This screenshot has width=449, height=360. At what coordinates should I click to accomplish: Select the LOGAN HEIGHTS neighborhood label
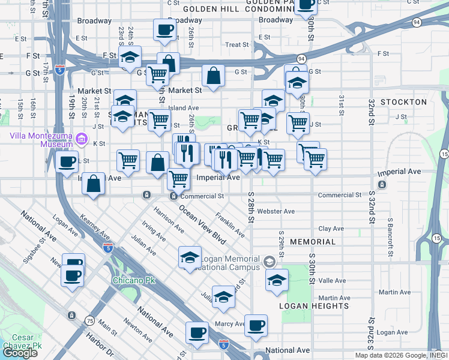(314, 306)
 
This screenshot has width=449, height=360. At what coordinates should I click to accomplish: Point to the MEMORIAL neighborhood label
(313, 242)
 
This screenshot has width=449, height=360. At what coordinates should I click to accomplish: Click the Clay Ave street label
(331, 229)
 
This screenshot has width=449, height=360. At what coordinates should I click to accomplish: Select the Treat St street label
(237, 45)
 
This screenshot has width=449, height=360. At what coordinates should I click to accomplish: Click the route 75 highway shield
(89, 320)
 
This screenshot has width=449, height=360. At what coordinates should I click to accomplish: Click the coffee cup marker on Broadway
(164, 30)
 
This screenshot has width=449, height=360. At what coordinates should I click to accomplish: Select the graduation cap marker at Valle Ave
(277, 280)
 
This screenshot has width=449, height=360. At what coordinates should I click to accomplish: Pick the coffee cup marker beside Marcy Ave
(256, 325)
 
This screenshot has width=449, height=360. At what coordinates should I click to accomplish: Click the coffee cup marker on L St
(67, 161)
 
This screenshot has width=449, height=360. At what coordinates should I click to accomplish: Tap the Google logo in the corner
(19, 353)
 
